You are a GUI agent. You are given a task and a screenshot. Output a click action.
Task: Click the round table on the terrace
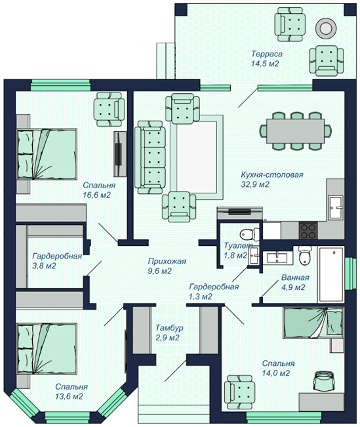click(x=325, y=28)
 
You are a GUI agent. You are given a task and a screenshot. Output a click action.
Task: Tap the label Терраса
click(x=267, y=54)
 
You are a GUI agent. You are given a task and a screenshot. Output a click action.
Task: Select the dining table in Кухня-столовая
click(x=296, y=131)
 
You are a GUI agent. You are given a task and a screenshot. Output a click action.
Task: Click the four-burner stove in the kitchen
click(x=308, y=230)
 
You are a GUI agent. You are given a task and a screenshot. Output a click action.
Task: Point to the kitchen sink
click(x=336, y=207)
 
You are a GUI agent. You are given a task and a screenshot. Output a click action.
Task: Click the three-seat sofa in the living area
click(x=150, y=157)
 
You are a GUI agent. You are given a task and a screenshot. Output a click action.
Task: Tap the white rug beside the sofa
click(x=197, y=157)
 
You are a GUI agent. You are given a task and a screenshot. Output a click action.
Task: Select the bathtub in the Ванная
click(x=331, y=274)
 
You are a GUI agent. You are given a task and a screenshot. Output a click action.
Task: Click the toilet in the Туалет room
click(x=249, y=234)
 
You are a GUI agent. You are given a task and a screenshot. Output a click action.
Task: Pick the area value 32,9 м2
click(x=255, y=184)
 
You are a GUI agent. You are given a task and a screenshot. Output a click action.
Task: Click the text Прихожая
click(x=167, y=261)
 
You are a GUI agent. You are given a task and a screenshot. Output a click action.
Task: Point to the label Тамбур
click(x=169, y=327)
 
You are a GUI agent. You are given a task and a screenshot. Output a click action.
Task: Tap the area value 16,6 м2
click(x=96, y=195)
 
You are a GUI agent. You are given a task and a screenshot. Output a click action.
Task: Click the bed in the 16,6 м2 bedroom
click(x=47, y=154)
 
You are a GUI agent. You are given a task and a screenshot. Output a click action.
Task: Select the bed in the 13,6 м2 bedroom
click(x=47, y=348)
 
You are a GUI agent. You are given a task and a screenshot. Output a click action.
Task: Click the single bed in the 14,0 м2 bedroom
click(x=313, y=323)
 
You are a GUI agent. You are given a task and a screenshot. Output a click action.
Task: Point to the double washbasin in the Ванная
click(x=277, y=258)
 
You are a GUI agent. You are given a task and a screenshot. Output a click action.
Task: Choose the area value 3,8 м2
click(x=44, y=266)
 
